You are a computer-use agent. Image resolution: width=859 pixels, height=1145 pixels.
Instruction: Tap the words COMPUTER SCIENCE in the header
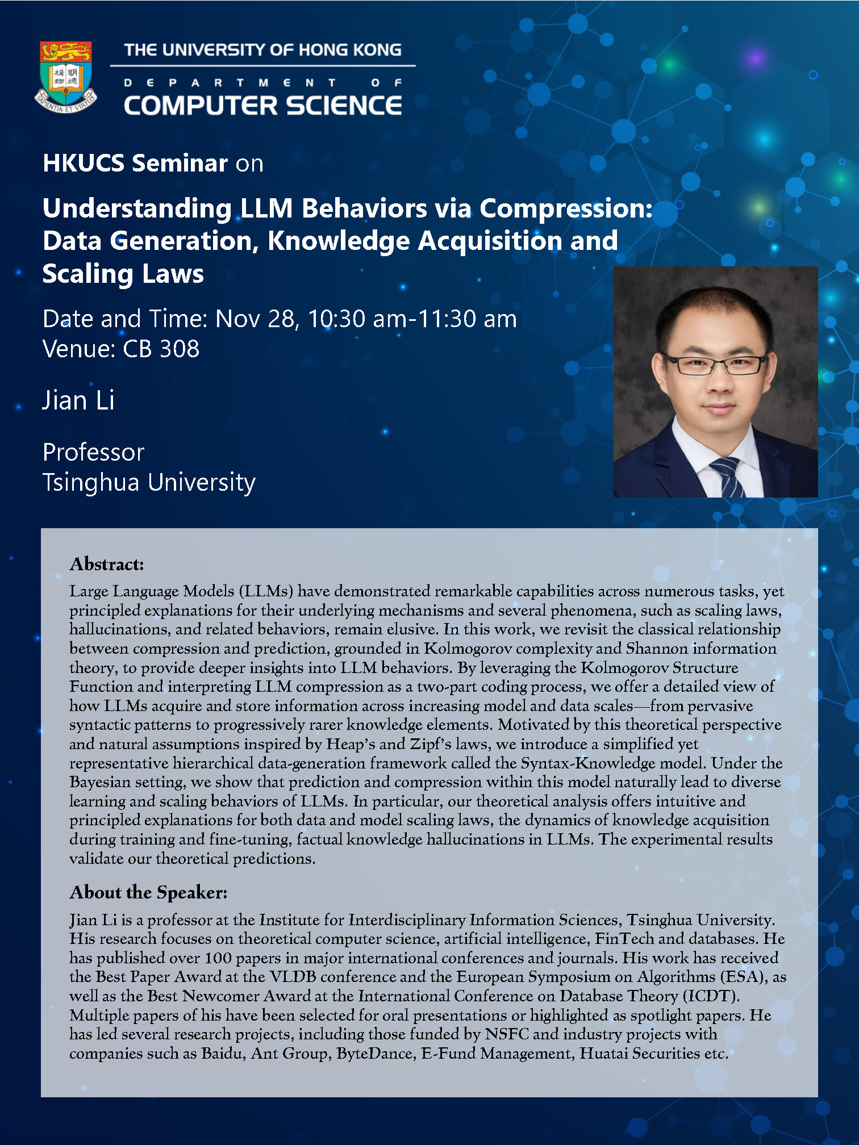[x=263, y=106]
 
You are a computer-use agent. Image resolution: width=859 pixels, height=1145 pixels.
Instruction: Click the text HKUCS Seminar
[x=135, y=163]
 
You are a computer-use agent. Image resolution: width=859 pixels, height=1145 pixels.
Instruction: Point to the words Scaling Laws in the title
[x=123, y=274]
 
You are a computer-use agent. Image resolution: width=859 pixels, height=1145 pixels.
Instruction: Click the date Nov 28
[x=256, y=319]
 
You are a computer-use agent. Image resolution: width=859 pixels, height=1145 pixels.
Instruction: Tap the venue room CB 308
[x=161, y=349]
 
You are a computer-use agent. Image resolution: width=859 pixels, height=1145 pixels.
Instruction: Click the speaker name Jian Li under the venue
[x=78, y=400]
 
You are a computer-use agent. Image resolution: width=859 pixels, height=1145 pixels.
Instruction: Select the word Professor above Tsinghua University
[x=94, y=452]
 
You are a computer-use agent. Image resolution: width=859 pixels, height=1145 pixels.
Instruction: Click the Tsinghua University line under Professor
[x=149, y=482]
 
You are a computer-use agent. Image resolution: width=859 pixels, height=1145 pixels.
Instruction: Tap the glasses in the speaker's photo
[x=714, y=364]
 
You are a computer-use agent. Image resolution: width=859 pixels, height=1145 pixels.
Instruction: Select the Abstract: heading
[x=107, y=564]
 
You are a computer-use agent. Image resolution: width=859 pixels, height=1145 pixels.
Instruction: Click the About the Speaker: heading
[x=148, y=892]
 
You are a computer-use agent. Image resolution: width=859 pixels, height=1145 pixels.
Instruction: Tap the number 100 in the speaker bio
[x=219, y=958]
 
